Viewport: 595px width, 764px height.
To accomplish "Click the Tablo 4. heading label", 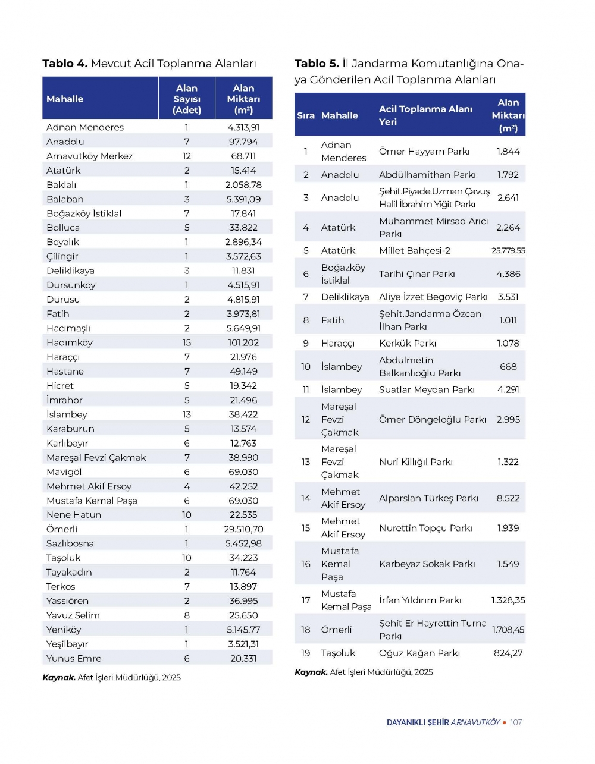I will pos(65,64).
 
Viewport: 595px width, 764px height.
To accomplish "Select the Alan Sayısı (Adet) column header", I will pos(187,99).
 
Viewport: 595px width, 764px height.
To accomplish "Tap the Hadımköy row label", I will pos(70,342).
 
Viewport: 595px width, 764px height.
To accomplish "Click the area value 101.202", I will pos(243,342).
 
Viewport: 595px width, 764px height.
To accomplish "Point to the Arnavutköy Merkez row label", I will pos(90,156).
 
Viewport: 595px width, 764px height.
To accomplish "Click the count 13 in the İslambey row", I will pos(187,414).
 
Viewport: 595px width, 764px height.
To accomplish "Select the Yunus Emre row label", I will pos(74,658).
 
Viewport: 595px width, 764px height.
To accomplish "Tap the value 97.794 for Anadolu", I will pos(243,142).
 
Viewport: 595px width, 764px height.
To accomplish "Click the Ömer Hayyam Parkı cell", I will pos(424,152).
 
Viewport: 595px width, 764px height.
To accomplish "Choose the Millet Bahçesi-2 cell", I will pos(415,250).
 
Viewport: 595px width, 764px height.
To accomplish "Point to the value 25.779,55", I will pos(508,250).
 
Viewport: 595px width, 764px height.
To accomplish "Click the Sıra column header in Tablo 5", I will pos(306,115).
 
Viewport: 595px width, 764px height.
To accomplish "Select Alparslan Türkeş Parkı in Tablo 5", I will pos(428,498).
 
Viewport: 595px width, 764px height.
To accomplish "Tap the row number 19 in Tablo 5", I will pos(306,653).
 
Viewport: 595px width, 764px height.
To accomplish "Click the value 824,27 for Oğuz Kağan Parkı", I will pos(508,653).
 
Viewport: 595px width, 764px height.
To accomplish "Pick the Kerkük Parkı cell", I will pos(408,343).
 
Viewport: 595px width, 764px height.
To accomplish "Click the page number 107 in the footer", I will pos(516,722).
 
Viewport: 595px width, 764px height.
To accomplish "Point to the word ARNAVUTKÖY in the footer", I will pos(475,722).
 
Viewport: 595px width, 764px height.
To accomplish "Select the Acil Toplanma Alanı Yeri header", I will pos(425,115).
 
